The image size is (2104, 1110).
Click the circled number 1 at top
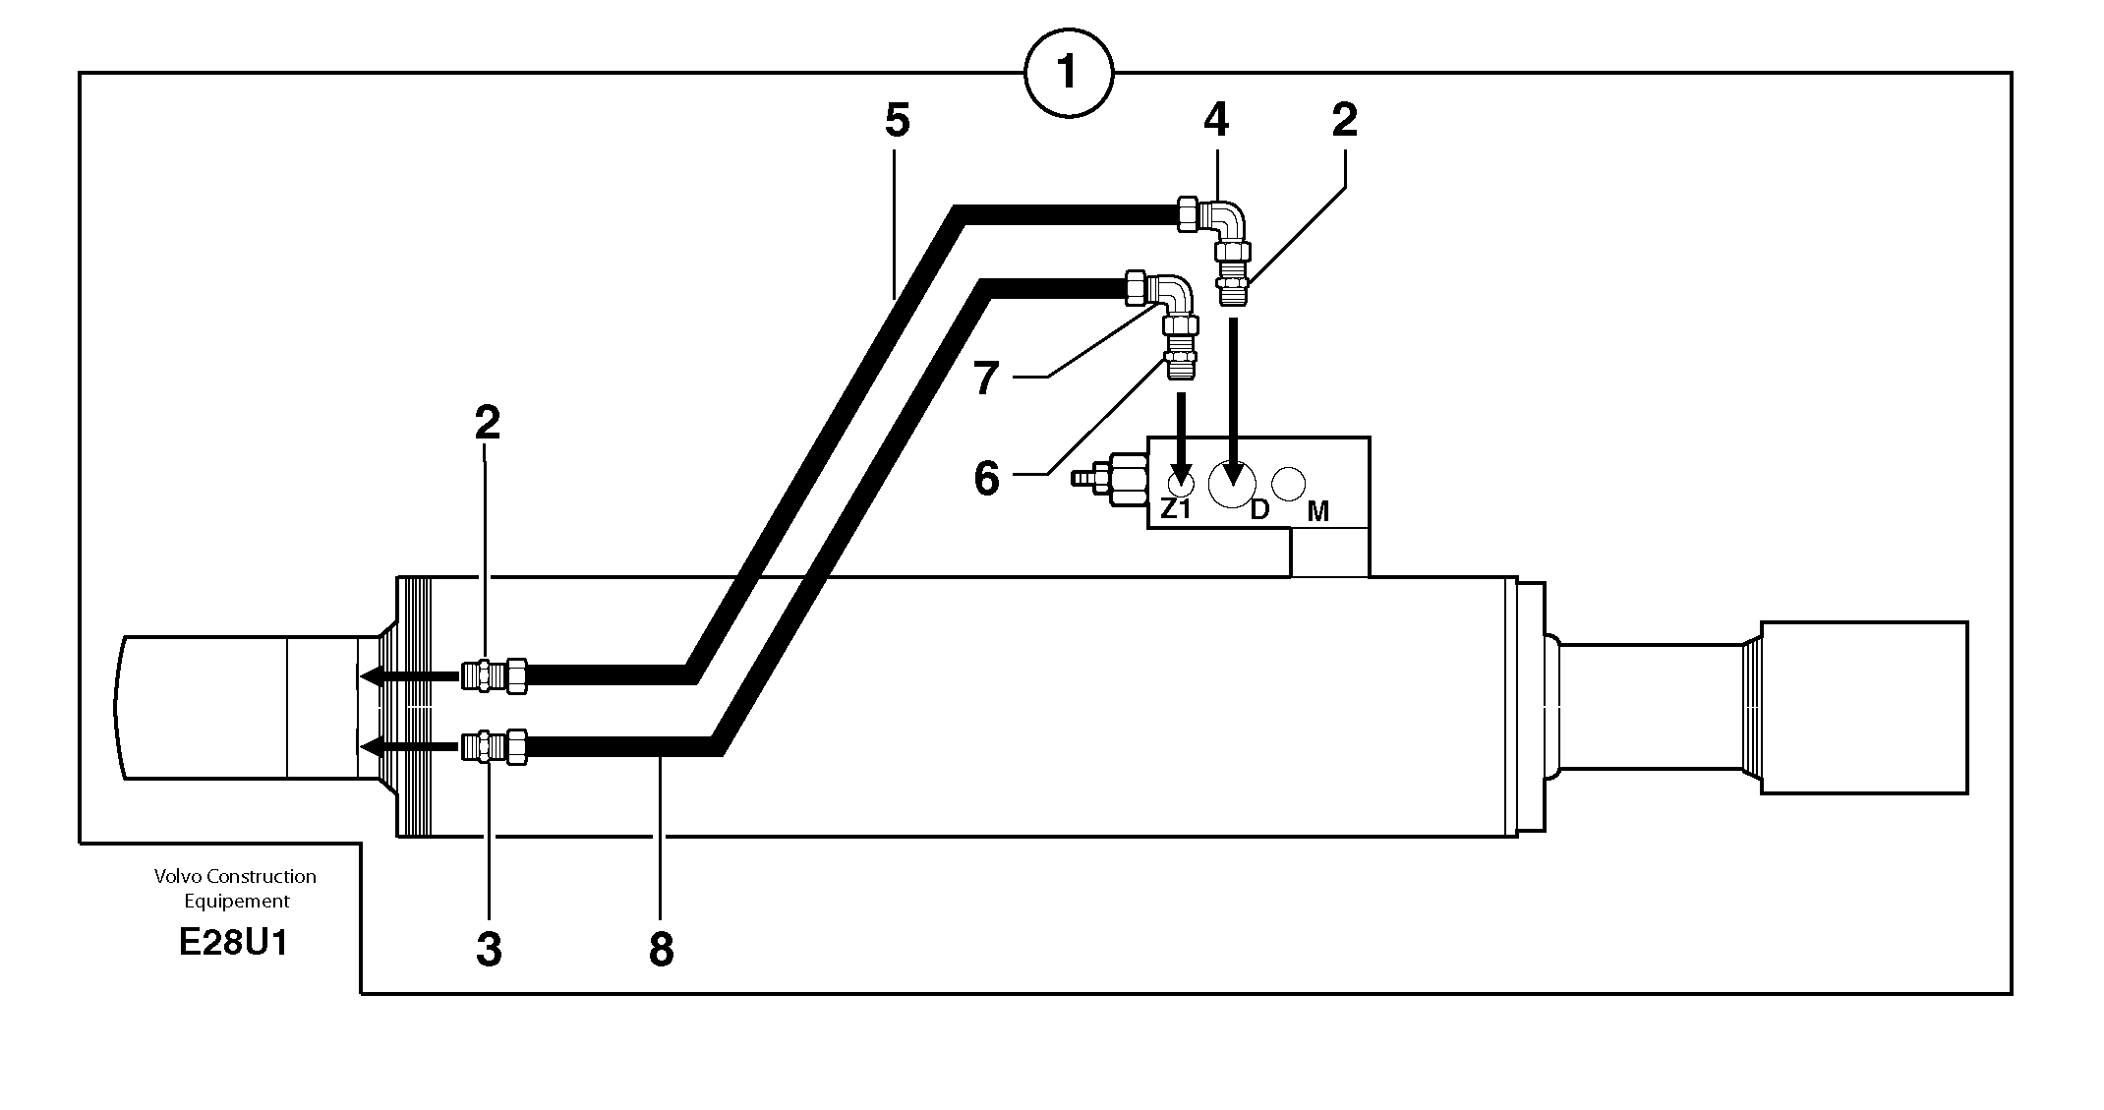1068,72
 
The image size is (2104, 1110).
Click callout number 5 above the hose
897,120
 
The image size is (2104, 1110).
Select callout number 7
986,379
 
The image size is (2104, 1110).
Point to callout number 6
986,479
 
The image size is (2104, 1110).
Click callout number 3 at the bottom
489,950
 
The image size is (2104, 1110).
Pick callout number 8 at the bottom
661,950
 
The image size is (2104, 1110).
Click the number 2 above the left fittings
487,422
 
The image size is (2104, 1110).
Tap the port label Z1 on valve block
1175,509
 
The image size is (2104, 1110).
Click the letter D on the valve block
1258,509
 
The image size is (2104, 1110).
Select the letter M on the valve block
1318,511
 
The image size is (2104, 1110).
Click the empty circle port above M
1288,484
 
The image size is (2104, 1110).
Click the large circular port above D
1232,483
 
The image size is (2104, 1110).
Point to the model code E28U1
234,943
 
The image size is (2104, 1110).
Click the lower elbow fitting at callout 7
1172,294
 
